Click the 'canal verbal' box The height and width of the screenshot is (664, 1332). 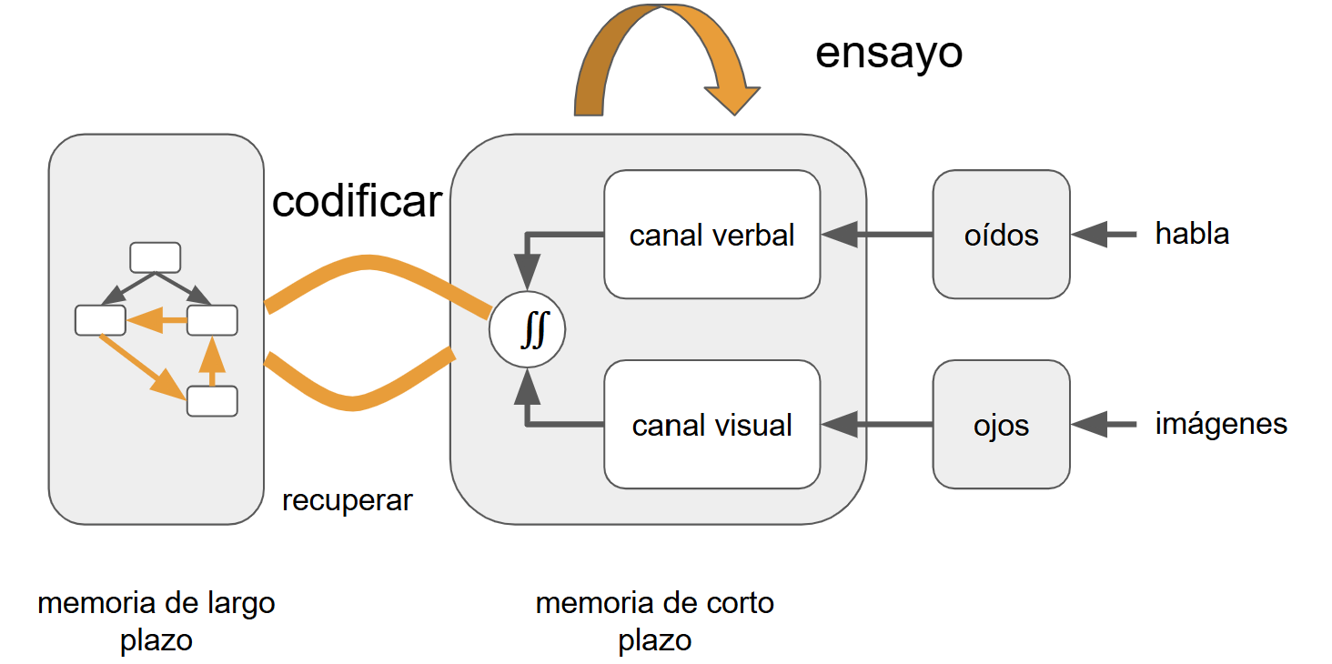click(711, 235)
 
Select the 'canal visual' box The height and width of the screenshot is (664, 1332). click(711, 425)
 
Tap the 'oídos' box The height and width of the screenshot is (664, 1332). click(1001, 235)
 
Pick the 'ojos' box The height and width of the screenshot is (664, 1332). click(1001, 425)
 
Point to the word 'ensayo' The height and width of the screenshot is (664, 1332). click(888, 53)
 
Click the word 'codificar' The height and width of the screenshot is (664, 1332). click(357, 202)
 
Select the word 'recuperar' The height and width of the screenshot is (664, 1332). click(347, 500)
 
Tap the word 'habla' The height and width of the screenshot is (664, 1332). click(1192, 234)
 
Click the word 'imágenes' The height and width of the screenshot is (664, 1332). click(1221, 424)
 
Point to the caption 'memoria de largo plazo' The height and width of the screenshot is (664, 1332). click(156, 620)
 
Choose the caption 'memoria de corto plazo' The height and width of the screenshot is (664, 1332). click(654, 620)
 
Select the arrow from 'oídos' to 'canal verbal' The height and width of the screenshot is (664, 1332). click(877, 235)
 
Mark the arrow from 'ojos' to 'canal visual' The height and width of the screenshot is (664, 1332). click(877, 425)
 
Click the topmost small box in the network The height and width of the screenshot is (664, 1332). click(156, 257)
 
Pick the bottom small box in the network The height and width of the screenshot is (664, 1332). click(212, 401)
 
